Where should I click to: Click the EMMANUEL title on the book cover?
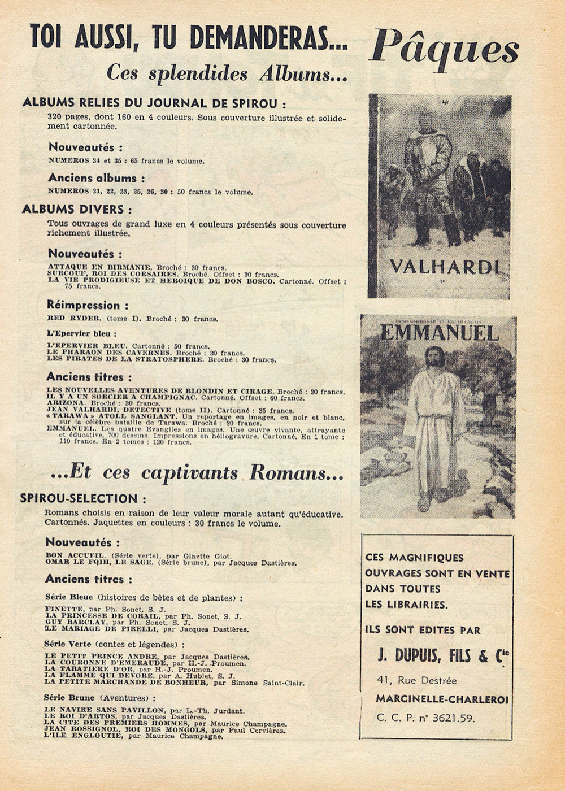tap(439, 332)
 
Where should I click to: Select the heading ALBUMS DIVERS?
tap(77, 209)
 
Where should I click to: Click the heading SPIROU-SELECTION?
tap(82, 498)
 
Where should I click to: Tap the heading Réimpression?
tap(83, 305)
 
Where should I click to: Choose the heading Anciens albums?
tap(92, 178)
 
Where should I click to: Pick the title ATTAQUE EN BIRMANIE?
tap(99, 267)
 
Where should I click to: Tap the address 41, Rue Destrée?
tap(416, 680)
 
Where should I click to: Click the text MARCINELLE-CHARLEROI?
tap(442, 699)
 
